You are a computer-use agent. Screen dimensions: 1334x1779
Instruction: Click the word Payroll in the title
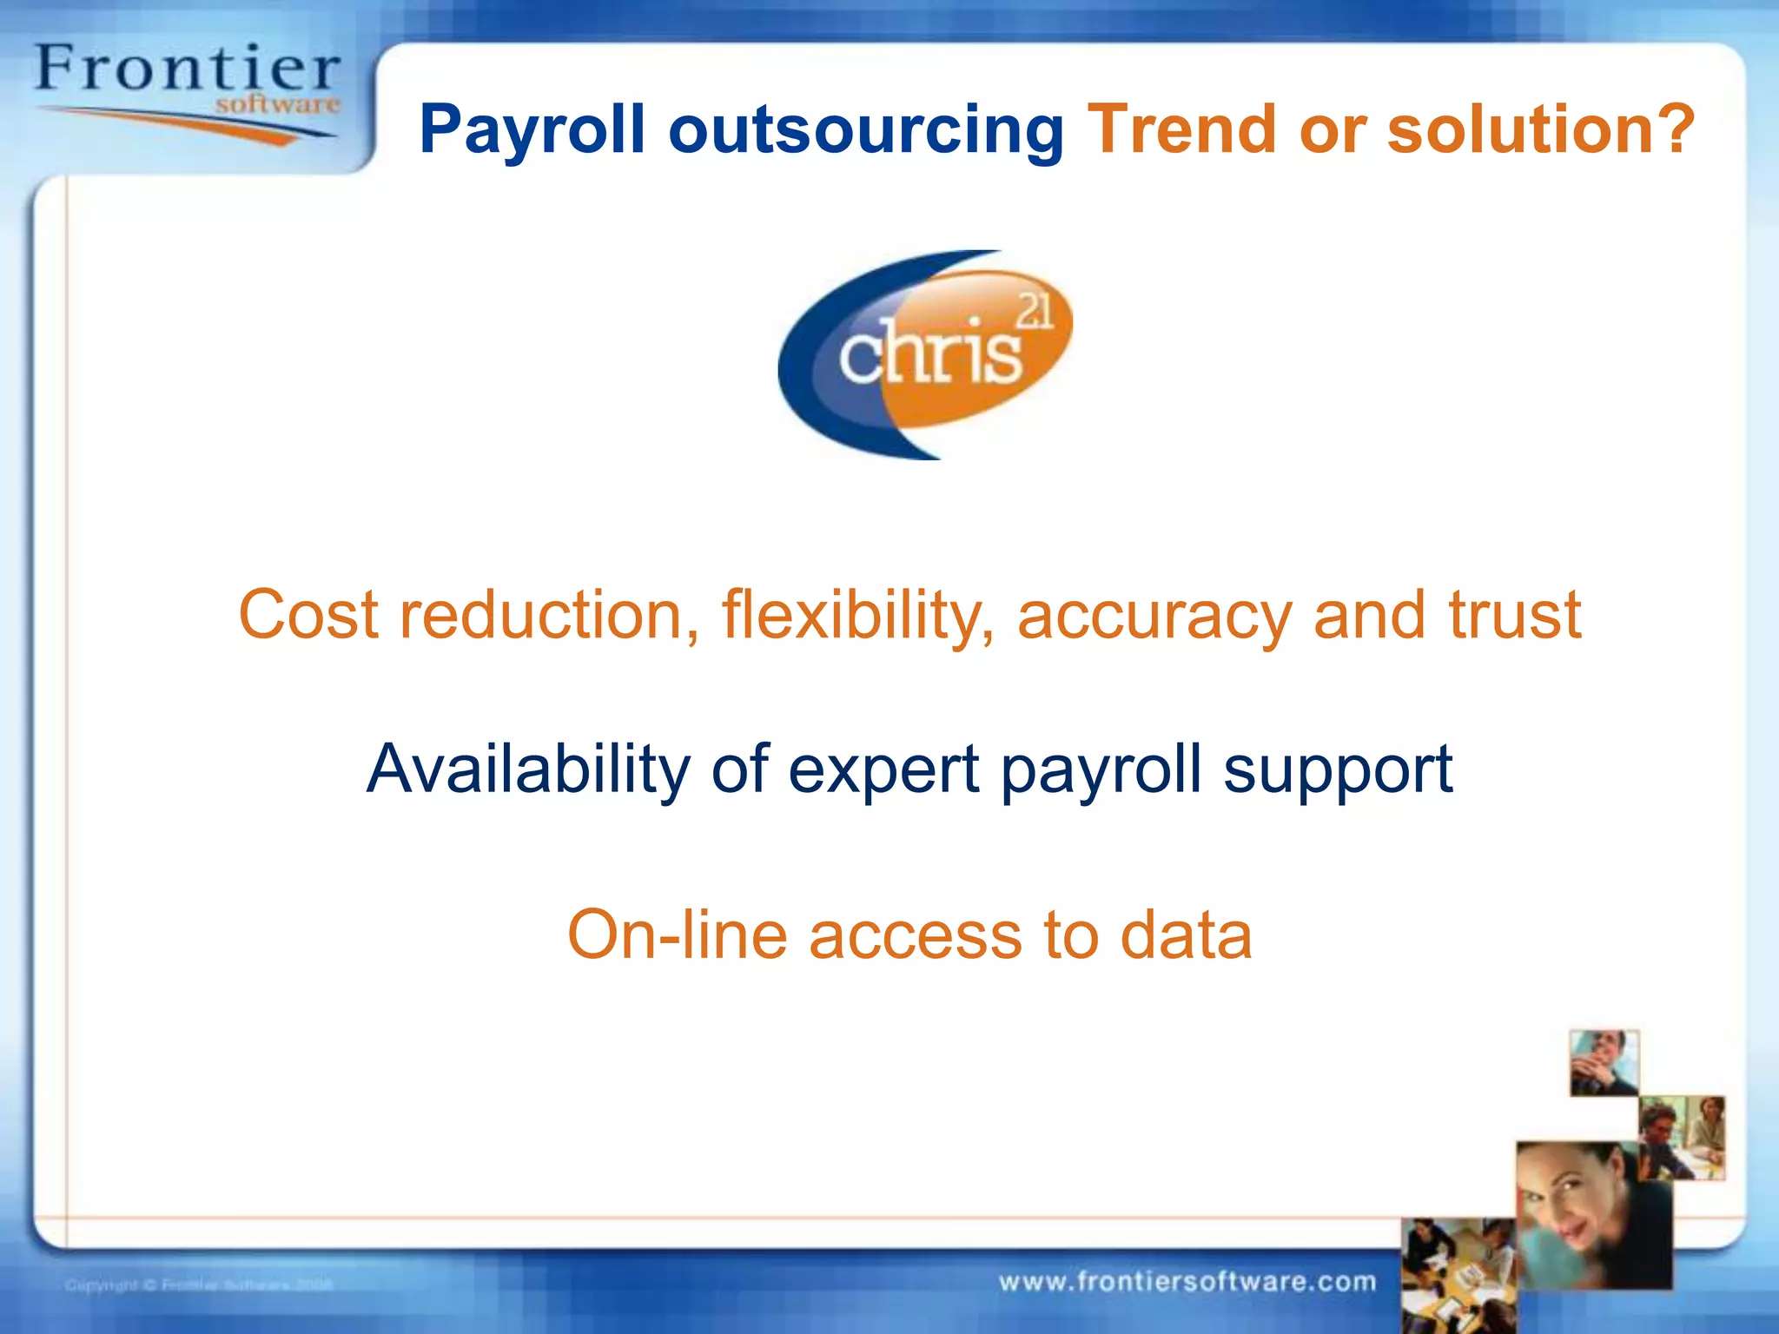tap(532, 130)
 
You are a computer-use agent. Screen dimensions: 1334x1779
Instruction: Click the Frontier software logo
tap(187, 91)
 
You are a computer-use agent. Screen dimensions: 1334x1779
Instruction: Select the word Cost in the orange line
tap(308, 615)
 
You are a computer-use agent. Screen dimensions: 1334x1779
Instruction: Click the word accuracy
tap(1154, 615)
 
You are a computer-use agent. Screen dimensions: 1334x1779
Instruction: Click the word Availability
tap(527, 769)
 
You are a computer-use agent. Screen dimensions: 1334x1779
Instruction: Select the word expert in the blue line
tap(884, 769)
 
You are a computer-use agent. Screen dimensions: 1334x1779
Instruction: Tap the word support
tap(1338, 769)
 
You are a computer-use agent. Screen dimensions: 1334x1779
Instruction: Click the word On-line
tap(677, 935)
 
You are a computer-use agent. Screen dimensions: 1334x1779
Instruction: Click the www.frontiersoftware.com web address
tap(1187, 1282)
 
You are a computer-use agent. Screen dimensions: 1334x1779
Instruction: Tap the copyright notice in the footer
tap(199, 1284)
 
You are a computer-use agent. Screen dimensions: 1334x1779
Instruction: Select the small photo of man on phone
tap(1604, 1062)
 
